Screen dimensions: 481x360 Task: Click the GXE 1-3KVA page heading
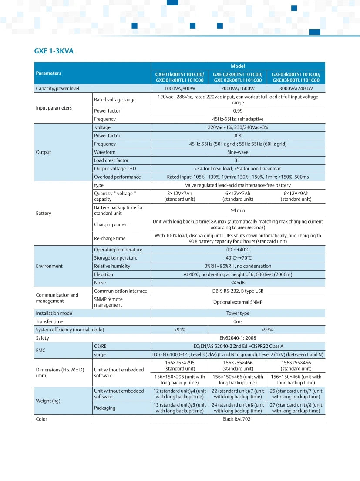54,51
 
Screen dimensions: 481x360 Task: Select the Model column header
238,66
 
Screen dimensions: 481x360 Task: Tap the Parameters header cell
49,73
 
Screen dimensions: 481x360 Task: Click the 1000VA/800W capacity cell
180,89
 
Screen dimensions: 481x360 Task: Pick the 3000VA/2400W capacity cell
296,89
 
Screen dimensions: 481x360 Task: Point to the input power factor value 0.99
238,111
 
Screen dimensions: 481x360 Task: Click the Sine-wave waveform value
238,152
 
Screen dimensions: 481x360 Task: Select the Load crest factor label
111,160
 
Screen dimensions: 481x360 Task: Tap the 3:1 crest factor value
238,160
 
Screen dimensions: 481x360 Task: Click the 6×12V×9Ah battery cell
296,196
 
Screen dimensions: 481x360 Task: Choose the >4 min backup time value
238,210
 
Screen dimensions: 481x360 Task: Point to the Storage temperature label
115,258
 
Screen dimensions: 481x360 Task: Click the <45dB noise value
238,283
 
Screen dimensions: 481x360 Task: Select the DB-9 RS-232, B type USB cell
238,291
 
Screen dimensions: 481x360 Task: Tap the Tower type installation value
238,313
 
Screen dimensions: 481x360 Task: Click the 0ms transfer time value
238,321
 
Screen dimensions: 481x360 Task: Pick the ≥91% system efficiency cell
180,330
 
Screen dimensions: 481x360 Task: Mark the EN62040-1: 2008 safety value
238,338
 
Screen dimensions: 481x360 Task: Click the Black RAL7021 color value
238,419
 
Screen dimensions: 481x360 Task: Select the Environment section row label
49,266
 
